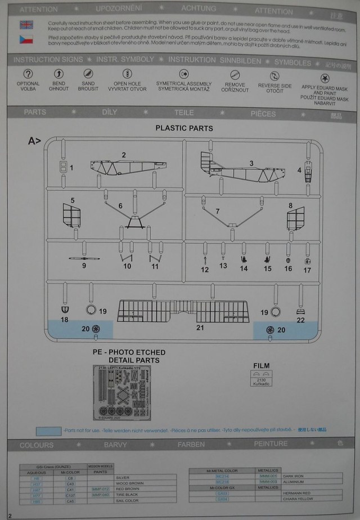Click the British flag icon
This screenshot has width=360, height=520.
point(26,25)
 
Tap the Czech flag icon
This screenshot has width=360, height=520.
point(26,39)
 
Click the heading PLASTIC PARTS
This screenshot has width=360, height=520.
point(184,128)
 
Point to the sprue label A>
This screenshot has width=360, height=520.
point(35,141)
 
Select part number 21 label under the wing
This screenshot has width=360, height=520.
point(200,327)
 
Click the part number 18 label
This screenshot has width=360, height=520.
point(65,320)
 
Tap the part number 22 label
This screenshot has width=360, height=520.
point(301,320)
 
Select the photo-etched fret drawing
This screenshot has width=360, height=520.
point(124,392)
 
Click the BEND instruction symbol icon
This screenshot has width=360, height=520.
point(58,74)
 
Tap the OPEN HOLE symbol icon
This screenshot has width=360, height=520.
point(127,74)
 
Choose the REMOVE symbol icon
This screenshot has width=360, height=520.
point(235,74)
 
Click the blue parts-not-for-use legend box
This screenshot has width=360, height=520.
point(48,432)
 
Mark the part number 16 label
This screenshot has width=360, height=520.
point(288,270)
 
